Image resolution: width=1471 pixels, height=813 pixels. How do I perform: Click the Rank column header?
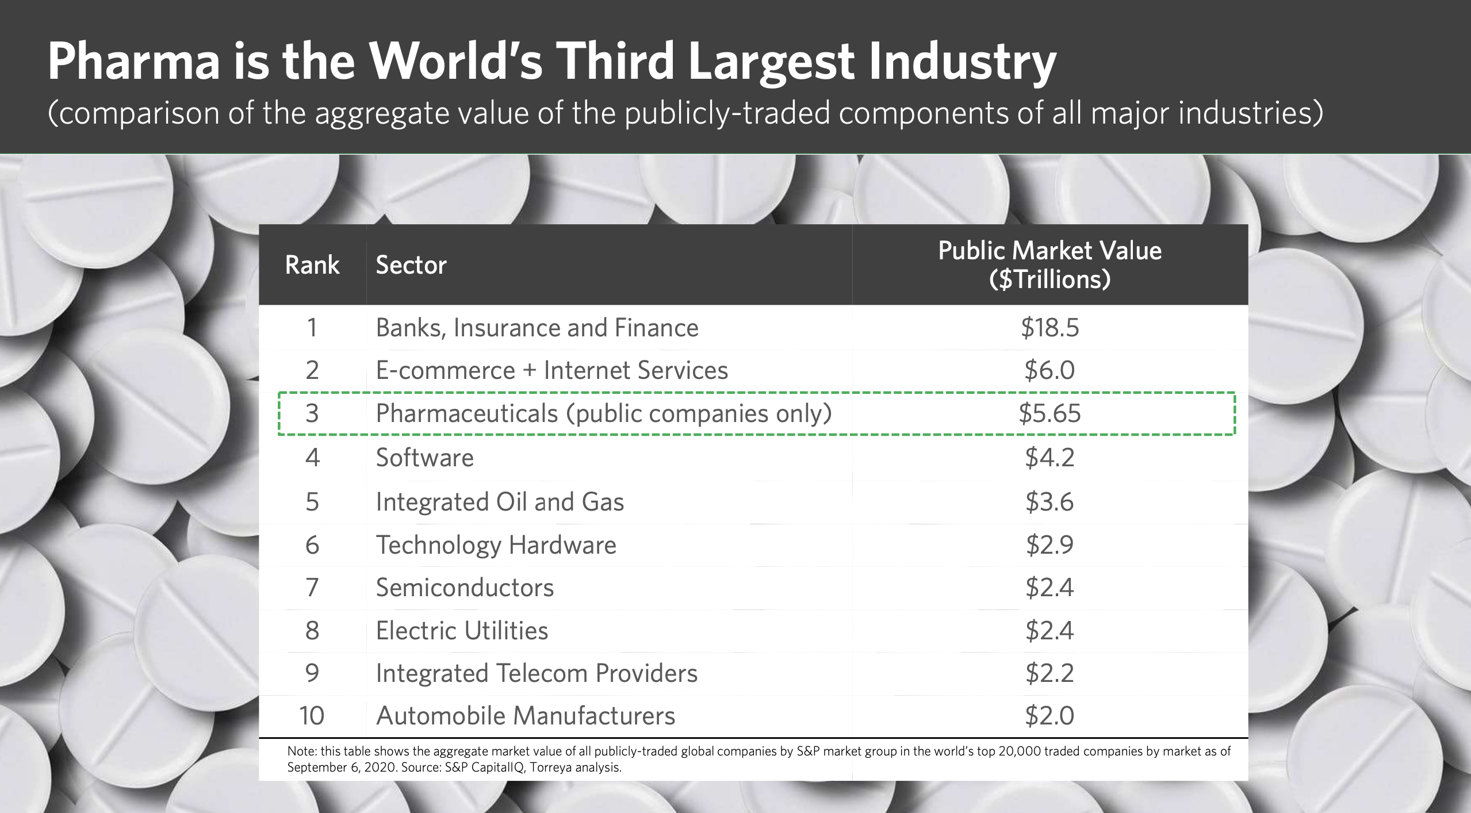[x=312, y=265]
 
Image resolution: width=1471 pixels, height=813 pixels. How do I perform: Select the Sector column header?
[x=411, y=265]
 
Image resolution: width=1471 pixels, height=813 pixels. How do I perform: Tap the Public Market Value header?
[x=1049, y=264]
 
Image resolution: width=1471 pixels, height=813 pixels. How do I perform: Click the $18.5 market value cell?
[x=1049, y=328]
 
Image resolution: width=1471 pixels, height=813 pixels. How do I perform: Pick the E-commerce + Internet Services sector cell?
[x=551, y=370]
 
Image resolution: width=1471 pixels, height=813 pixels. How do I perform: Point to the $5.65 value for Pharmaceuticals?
[x=1049, y=413]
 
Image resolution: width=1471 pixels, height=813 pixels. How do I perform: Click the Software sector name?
[x=424, y=458]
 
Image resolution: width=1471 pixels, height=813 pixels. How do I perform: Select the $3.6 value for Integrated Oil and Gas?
[x=1049, y=501]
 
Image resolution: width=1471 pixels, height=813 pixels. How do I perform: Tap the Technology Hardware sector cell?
[x=496, y=545]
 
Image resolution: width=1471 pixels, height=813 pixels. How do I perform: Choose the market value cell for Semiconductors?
[x=1049, y=588]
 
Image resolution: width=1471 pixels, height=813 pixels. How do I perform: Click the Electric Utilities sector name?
[x=462, y=631]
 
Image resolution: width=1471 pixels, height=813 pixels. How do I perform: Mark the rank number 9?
[x=312, y=673]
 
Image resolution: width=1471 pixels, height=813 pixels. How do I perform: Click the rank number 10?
[x=312, y=716]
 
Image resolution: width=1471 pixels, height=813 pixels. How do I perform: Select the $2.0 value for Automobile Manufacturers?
[x=1049, y=716]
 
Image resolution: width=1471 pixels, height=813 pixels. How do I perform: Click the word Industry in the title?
[x=963, y=62]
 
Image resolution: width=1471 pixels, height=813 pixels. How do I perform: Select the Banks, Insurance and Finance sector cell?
[x=537, y=328]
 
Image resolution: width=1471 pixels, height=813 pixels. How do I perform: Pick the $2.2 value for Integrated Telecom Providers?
[x=1049, y=673]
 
